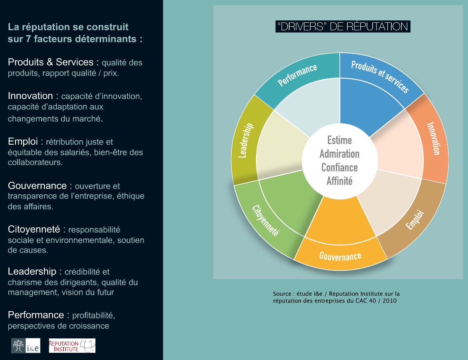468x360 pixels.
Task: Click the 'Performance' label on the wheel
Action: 297,75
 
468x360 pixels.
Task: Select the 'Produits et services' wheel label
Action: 380,76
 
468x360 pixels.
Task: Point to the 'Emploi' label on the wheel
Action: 414,220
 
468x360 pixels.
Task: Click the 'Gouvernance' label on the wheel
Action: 340,256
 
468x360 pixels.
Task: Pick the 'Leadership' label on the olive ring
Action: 246,140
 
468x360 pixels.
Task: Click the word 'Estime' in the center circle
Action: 340,140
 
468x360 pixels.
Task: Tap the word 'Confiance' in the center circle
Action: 340,167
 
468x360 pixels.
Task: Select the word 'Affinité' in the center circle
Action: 340,181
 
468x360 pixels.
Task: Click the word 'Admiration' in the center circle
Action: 340,154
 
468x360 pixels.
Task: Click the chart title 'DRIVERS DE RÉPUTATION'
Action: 343,27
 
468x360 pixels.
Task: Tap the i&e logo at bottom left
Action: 26,346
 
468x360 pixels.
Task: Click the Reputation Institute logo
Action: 72,346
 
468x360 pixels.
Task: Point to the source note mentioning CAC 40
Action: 336,297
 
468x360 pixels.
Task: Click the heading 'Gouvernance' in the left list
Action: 37,185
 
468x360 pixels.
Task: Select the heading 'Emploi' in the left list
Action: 23,141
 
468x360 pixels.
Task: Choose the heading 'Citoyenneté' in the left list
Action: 34,229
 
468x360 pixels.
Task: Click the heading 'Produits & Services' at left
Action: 50,62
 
